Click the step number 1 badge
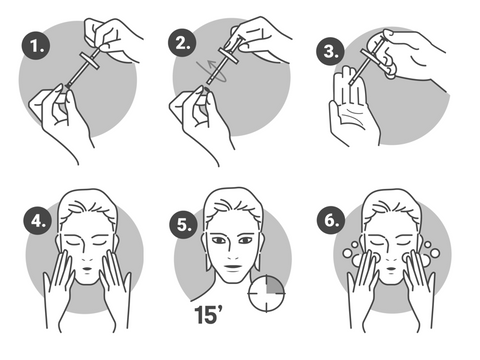click(x=36, y=46)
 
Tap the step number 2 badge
click(x=182, y=43)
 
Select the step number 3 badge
click(x=330, y=51)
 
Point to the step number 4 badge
click(x=37, y=221)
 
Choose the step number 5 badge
click(x=184, y=224)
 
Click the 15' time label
click(x=208, y=314)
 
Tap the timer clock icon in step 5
click(x=266, y=293)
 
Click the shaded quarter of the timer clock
click(x=275, y=285)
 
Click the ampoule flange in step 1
click(x=90, y=61)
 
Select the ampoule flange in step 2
click(x=229, y=57)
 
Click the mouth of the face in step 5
click(x=233, y=267)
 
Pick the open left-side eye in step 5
click(x=219, y=240)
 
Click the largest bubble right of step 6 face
click(x=434, y=253)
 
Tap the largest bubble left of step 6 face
click(x=347, y=253)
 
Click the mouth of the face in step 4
click(x=87, y=269)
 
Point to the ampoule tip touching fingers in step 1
click(x=68, y=86)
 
